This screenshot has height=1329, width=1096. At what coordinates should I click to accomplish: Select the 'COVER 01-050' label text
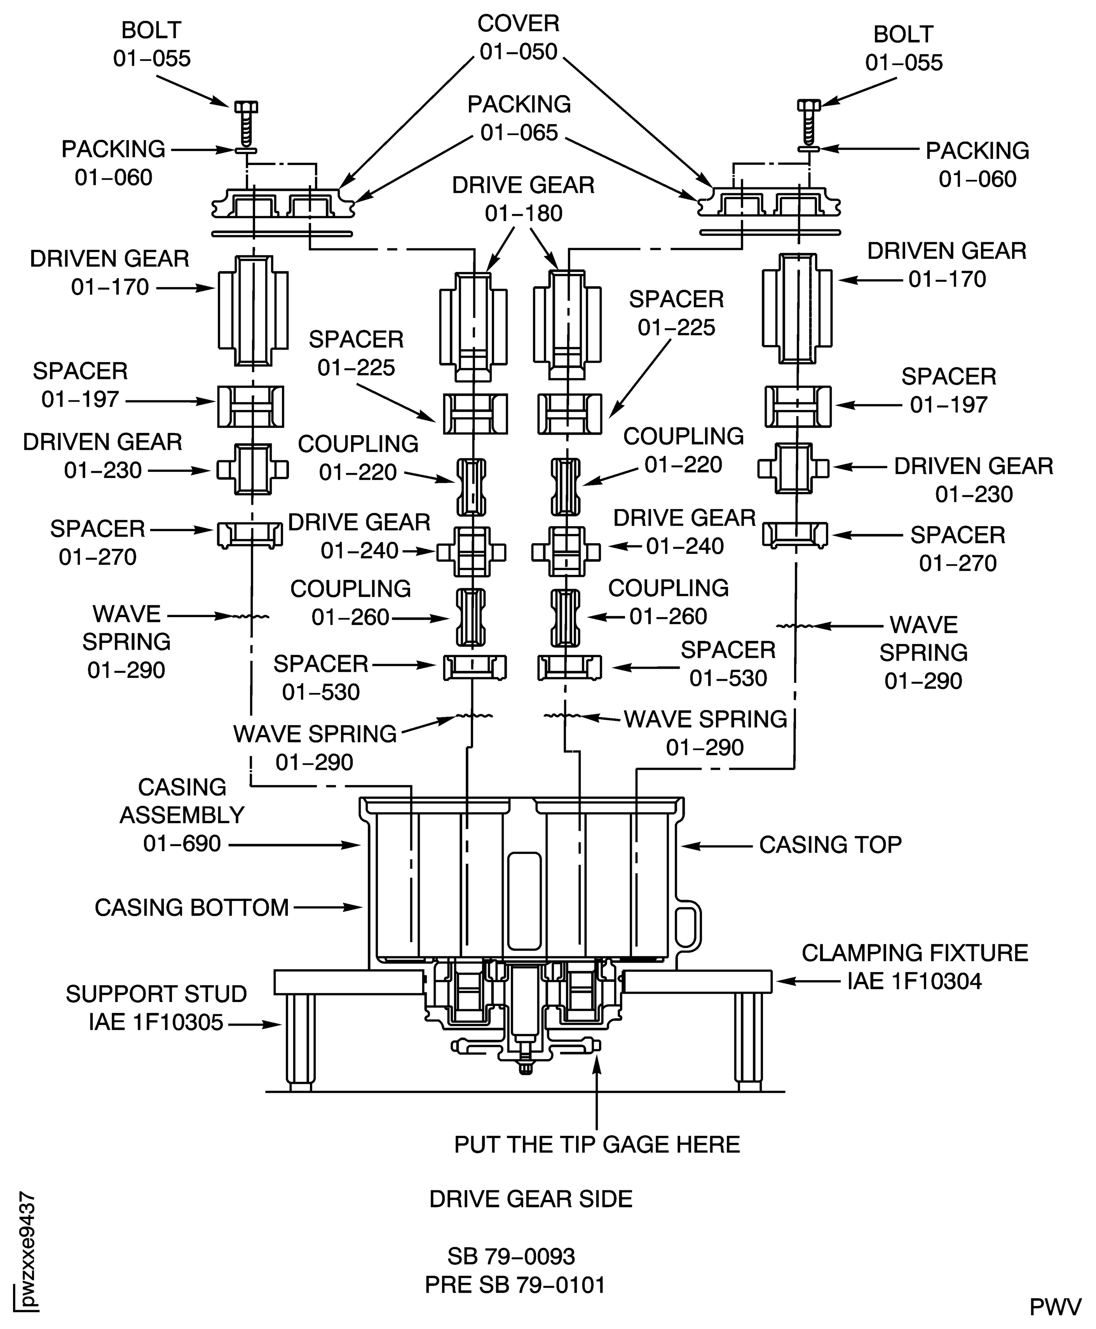(518, 37)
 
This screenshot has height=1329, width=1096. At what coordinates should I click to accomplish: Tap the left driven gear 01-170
(253, 310)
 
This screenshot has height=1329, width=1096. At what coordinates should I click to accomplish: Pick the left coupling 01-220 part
(471, 487)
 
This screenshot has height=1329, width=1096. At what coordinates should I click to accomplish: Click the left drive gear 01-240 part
(471, 552)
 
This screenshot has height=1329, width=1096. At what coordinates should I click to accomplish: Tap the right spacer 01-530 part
(569, 667)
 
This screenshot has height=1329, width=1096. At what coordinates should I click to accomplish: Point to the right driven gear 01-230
(794, 468)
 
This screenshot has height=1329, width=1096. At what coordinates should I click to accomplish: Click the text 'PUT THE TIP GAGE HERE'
(597, 1144)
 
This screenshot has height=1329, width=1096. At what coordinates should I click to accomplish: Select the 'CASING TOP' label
(830, 844)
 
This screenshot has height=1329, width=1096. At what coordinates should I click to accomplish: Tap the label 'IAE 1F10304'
(914, 981)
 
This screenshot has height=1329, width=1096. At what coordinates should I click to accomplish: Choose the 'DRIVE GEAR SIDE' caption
(530, 1199)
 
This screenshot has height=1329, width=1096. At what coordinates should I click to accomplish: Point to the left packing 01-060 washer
(246, 151)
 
